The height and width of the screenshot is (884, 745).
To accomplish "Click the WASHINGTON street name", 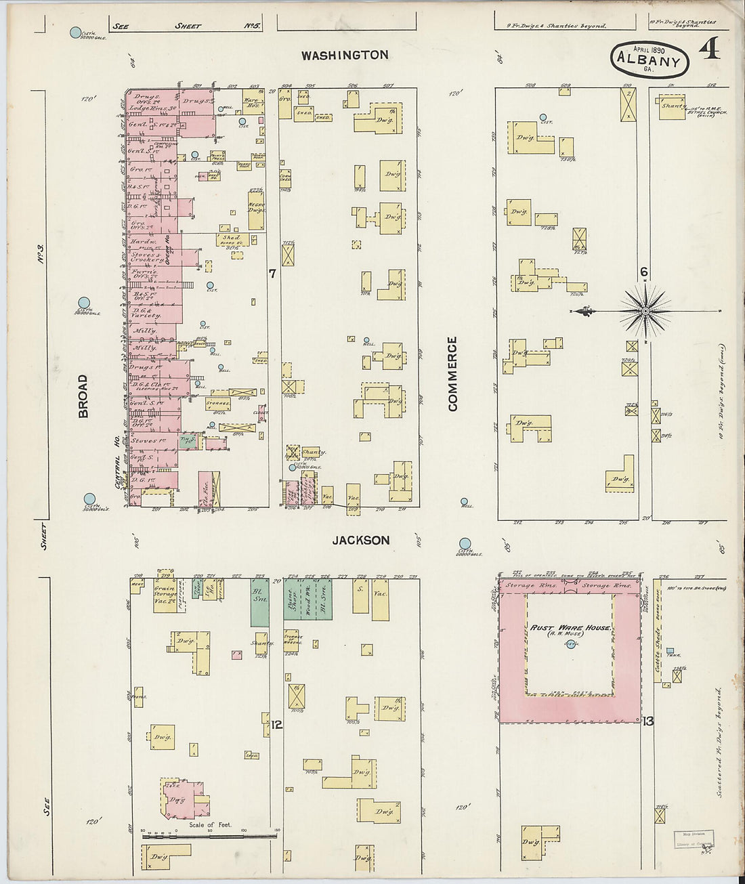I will pos(345,55).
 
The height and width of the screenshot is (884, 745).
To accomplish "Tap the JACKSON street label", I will pos(361,540).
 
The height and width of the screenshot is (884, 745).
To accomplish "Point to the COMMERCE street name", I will pos(452,373).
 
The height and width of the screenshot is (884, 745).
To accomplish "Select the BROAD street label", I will pos(83,396).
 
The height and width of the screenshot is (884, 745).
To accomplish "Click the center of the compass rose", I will pos(645,311).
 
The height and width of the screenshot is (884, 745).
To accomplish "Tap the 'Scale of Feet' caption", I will pos(210,824).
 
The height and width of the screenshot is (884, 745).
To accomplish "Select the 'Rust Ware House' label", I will pos(570,628).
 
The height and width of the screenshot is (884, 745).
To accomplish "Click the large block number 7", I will pos(272,274).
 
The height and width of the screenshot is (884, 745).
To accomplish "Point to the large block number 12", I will pos(276,725).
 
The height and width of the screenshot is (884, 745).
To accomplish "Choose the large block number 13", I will pos(647,721).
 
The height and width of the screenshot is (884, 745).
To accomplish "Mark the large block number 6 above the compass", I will pos(644,272).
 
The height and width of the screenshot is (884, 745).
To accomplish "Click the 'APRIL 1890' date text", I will pos(649,49).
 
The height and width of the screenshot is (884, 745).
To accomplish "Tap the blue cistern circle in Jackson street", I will pos(465,543).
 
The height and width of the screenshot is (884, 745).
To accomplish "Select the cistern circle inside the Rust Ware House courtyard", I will pos(568,644).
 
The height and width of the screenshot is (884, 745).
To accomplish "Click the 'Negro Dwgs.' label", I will pos(256,207).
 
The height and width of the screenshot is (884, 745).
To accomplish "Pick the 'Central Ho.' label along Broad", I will pos(118,463).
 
